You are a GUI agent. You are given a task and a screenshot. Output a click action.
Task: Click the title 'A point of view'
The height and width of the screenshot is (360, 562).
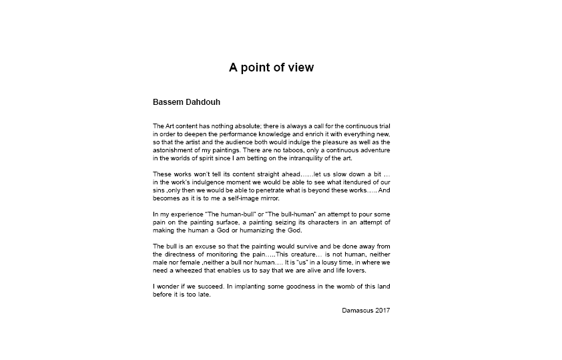[271, 67]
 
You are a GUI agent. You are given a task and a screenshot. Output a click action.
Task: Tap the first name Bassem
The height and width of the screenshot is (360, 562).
[167, 103]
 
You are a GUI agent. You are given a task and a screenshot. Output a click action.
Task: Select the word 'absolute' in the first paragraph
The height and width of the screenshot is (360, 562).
[245, 126]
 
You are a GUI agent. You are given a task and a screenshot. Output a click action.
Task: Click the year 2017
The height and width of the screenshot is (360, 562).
[383, 310]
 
